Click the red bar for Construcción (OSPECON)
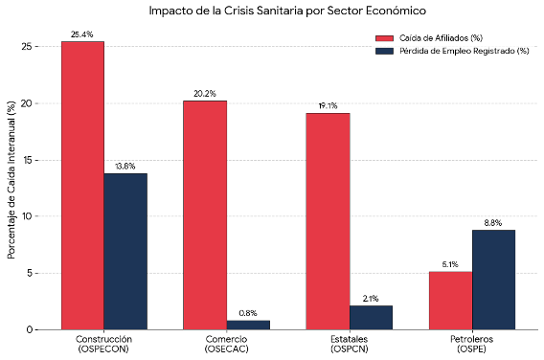[x=82, y=186]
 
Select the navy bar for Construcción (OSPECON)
[x=125, y=252]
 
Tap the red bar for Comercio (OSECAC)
[x=205, y=215]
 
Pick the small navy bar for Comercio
[x=248, y=325]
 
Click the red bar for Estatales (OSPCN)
[x=328, y=221]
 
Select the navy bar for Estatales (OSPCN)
[x=371, y=318]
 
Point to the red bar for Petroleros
[x=451, y=301]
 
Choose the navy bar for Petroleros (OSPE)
[x=493, y=280]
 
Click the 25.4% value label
[x=81, y=34]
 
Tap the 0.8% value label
[x=248, y=313]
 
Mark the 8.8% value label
[x=493, y=223]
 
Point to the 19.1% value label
[x=328, y=105]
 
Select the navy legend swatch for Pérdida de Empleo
[x=384, y=51]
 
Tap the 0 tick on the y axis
[x=30, y=329]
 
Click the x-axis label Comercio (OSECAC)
[x=227, y=344]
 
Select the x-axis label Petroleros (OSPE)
[x=471, y=344]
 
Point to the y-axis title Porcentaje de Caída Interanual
[x=11, y=180]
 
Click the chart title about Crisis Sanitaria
[x=287, y=11]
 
